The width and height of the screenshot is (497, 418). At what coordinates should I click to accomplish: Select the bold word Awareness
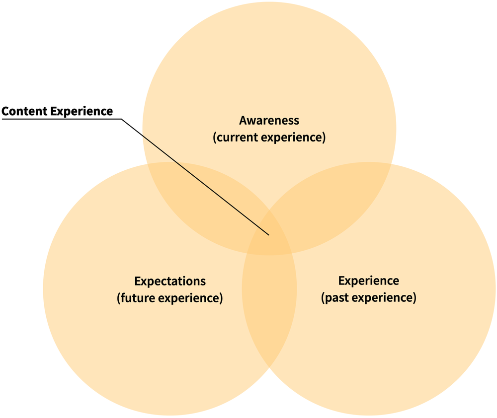[x=269, y=120]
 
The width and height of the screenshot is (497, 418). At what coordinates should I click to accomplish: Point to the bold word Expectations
[x=170, y=281]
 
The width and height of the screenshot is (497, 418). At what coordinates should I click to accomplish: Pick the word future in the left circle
[x=135, y=298]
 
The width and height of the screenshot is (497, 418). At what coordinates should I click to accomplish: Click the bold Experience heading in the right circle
[x=368, y=281]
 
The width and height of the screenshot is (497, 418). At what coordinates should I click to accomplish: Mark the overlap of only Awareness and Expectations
[x=199, y=199]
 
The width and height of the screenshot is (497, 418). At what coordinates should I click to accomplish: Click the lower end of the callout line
[x=268, y=234]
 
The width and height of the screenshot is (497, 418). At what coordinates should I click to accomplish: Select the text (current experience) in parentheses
[x=269, y=138]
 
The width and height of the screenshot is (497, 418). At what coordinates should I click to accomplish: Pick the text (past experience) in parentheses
[x=368, y=298]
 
